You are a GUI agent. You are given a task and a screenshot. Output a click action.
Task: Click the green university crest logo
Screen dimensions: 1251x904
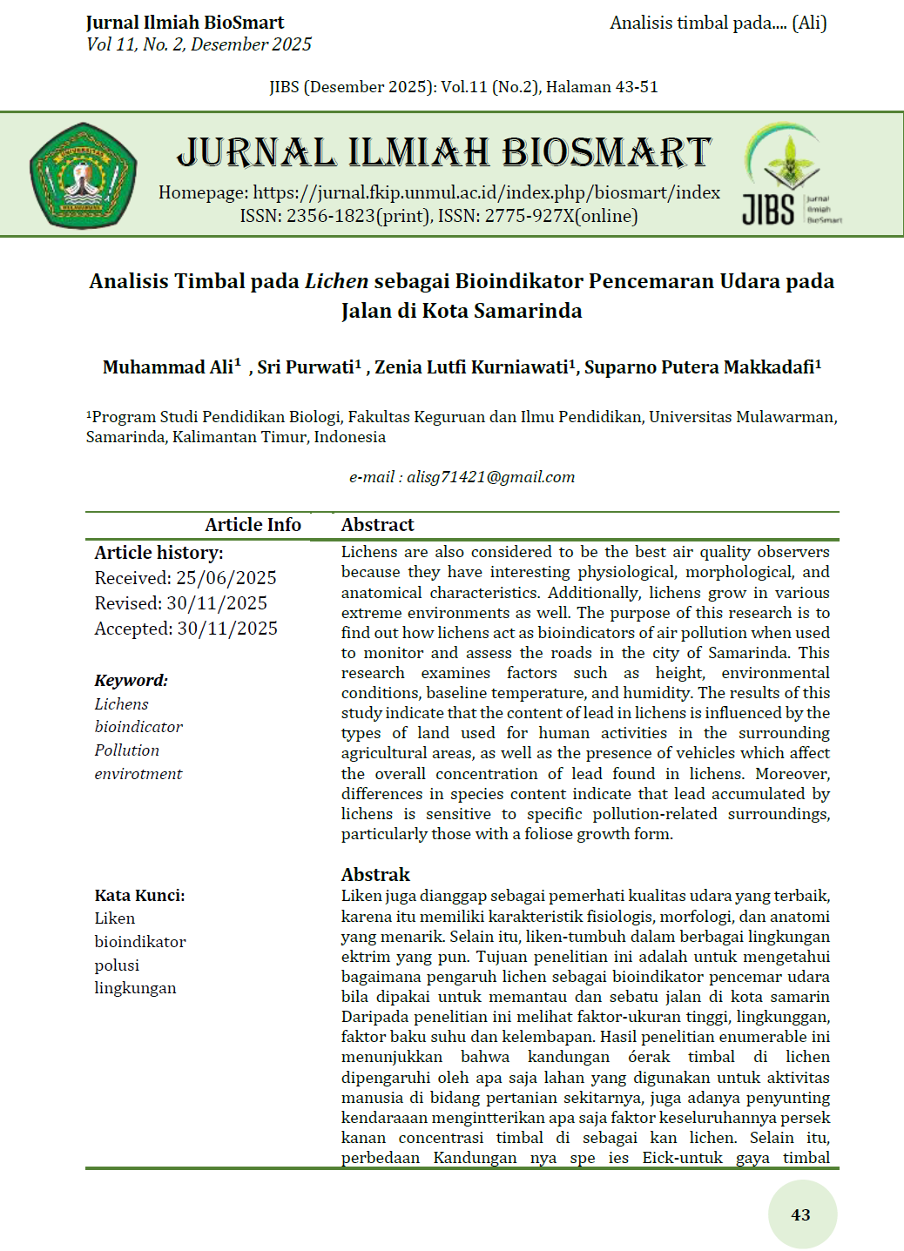click(83, 175)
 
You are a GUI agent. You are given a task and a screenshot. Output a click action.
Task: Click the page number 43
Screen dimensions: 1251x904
click(801, 1214)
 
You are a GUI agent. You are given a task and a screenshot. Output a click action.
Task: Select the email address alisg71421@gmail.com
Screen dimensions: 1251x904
click(490, 477)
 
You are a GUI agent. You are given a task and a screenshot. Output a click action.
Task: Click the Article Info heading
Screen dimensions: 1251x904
click(253, 525)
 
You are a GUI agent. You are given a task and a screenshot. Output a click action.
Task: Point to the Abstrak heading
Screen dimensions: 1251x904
click(375, 875)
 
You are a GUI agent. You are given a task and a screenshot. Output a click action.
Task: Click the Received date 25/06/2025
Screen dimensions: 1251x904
click(226, 578)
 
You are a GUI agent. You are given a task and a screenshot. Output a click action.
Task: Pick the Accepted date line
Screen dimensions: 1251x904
click(186, 629)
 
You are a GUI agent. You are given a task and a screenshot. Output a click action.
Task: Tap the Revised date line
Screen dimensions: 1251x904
click(181, 603)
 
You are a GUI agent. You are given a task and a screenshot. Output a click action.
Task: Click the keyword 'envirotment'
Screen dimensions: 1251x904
click(138, 774)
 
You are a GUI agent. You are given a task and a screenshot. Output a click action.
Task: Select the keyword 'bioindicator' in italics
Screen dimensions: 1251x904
click(138, 727)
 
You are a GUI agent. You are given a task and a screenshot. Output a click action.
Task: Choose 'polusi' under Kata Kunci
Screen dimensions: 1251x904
click(117, 965)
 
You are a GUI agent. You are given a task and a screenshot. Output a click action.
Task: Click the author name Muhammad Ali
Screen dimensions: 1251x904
click(168, 367)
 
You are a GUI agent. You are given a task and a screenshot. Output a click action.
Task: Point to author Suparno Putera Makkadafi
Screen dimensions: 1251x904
click(701, 367)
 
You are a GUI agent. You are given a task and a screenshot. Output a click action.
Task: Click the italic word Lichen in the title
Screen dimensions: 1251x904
click(336, 281)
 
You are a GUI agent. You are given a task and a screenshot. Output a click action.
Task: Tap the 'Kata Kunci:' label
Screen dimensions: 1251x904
click(139, 896)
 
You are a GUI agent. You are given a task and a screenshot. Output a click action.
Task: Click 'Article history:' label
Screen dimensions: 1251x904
click(159, 553)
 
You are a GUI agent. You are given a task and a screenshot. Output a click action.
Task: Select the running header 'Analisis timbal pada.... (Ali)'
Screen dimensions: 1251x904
click(718, 24)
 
